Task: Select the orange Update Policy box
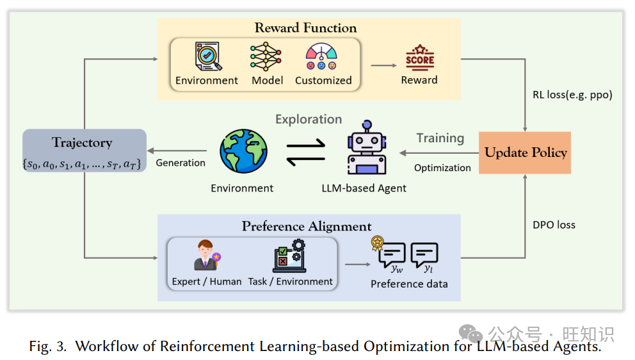click(x=525, y=152)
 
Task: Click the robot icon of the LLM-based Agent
click(x=366, y=149)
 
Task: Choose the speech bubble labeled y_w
click(x=391, y=256)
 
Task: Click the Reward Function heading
click(x=305, y=28)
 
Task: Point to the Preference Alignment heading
click(x=307, y=227)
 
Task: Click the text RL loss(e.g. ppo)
click(x=572, y=95)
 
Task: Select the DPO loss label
click(x=554, y=225)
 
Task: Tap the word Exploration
click(x=309, y=119)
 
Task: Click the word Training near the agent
click(x=440, y=138)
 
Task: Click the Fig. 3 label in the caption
click(x=49, y=347)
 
